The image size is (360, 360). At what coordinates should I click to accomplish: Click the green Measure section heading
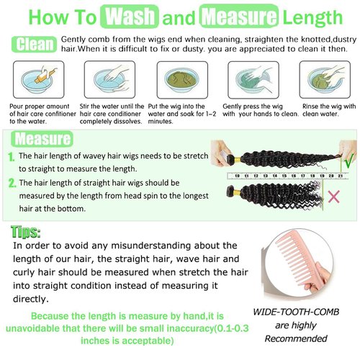point(42,138)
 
